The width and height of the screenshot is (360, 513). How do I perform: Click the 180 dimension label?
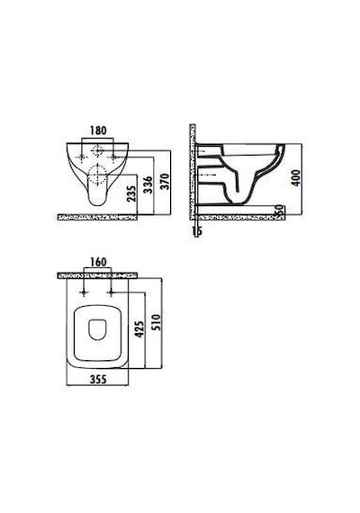point(98,130)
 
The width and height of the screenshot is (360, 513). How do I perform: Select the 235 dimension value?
point(130,193)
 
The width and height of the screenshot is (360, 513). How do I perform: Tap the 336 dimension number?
point(148,184)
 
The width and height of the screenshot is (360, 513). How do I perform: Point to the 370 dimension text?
point(165,181)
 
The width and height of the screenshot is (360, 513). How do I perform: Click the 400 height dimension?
point(295,177)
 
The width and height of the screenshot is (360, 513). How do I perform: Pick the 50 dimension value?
point(280,211)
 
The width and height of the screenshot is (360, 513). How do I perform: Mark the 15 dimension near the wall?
point(197,231)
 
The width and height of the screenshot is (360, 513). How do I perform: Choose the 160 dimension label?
point(98,262)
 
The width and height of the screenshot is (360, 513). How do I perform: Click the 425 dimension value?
point(139,329)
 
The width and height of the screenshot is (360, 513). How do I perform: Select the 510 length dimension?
point(157,322)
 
